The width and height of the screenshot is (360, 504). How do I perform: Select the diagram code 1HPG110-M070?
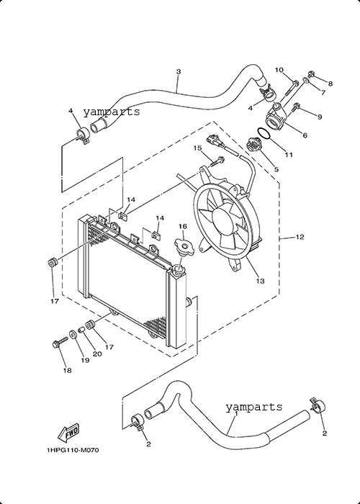coord(73,450)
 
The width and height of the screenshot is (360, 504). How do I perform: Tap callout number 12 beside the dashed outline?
coord(300,237)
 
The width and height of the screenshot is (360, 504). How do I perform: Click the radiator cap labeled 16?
coord(184,247)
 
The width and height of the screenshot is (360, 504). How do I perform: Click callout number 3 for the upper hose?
coord(179,71)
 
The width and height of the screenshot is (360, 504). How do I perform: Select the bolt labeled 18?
coord(60,342)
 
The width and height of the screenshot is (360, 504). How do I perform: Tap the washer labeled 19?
coord(73,334)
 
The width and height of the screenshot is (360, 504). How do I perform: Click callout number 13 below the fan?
coord(261,281)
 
